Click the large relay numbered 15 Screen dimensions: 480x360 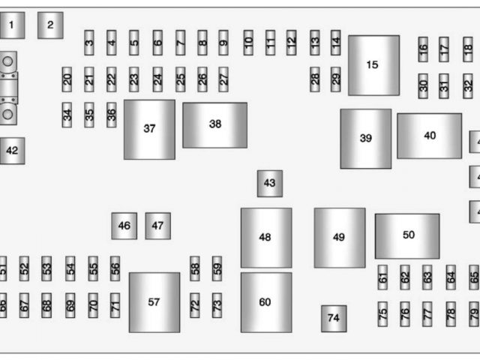point(373,65)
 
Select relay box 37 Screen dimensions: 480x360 point(149,129)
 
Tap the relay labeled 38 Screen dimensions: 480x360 point(214,125)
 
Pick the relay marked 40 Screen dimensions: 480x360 point(429,136)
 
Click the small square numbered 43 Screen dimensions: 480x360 point(269,183)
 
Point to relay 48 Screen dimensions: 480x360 point(265,238)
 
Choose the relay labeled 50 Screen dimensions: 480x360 point(407,235)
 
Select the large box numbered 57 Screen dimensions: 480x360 point(154,302)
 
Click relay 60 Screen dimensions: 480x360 point(265,302)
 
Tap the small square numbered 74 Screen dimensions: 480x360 point(333,318)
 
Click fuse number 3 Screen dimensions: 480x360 point(89,43)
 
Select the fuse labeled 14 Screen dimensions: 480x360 point(335,43)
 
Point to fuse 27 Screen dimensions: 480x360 point(223,79)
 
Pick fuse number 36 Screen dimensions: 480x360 point(112,115)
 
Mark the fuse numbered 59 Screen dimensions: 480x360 point(217,268)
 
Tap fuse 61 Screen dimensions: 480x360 point(382,277)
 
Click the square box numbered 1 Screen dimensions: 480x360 point(12,26)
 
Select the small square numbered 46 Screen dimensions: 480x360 point(124,226)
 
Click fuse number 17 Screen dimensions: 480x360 point(444,49)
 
